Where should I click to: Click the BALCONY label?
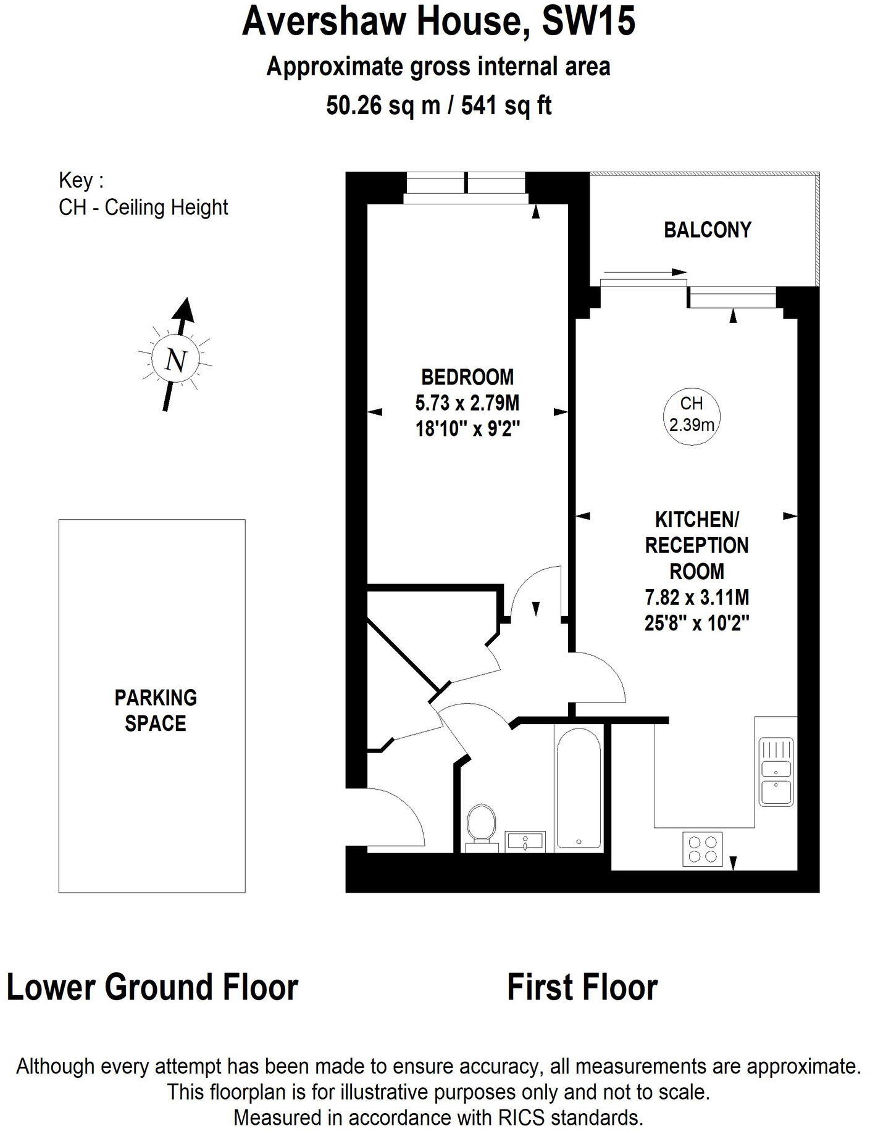707,230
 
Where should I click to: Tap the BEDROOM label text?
467,376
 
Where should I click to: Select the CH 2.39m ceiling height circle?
692,413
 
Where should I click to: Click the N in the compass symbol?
176,359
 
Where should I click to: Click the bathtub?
579,788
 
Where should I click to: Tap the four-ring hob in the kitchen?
703,849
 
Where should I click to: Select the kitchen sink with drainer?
777,772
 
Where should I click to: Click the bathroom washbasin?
525,841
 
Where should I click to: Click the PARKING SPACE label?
156,710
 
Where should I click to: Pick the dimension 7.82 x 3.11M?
696,597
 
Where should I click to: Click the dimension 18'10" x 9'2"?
467,428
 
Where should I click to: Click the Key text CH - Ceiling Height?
143,207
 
